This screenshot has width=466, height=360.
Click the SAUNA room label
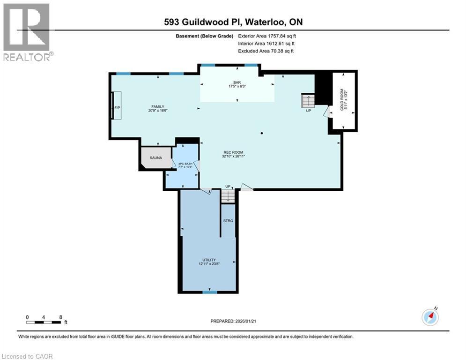click(156, 157)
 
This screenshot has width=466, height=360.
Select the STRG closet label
click(228, 220)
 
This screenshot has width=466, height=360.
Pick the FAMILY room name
click(157, 106)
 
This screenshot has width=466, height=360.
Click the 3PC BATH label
click(185, 164)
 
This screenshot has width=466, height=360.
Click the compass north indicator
click(430, 317)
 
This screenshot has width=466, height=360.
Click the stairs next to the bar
click(308, 100)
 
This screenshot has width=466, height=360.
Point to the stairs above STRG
click(228, 196)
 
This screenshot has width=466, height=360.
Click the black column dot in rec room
click(262, 134)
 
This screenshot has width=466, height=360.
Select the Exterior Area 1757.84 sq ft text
click(266, 36)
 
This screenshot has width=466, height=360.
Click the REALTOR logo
click(27, 32)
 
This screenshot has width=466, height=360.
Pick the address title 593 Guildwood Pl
click(233, 22)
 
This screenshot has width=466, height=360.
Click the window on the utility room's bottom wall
click(210, 292)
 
